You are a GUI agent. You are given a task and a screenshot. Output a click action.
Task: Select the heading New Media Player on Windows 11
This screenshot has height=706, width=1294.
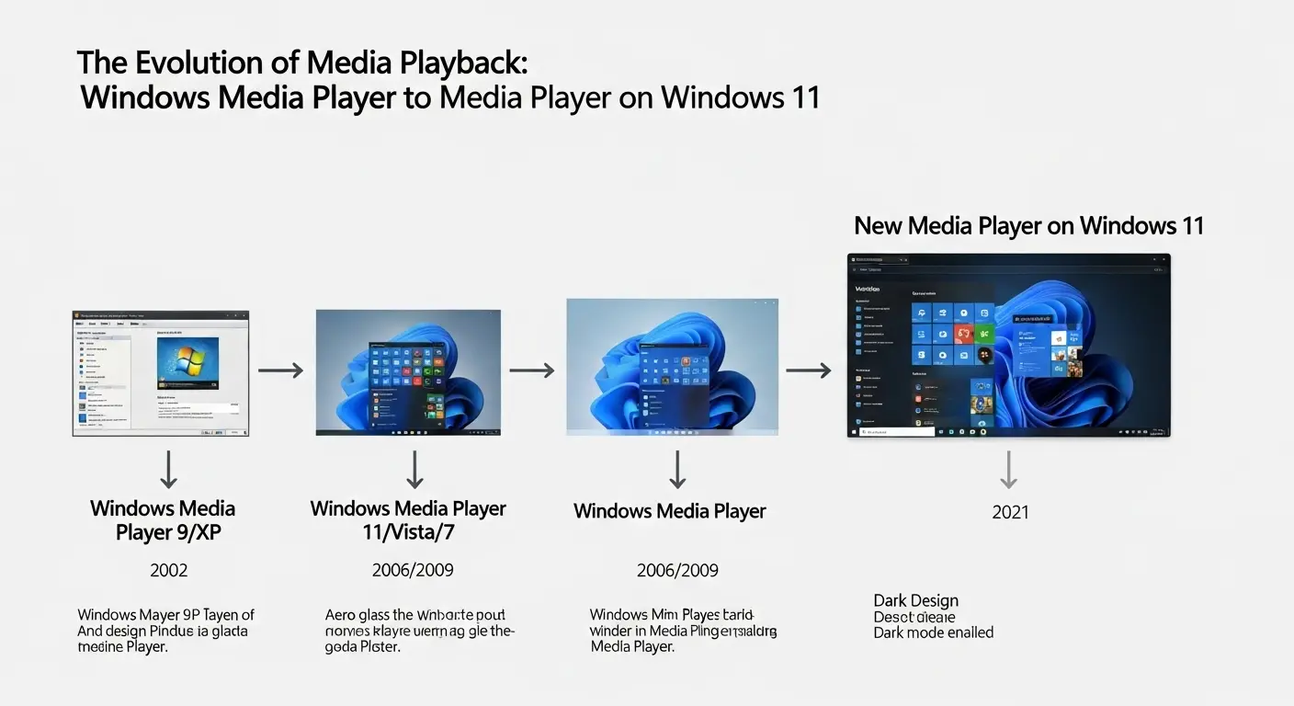1028,225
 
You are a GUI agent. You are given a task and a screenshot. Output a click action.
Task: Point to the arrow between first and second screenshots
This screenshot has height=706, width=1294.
280,370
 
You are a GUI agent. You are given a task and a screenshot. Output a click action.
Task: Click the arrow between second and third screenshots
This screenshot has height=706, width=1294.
532,370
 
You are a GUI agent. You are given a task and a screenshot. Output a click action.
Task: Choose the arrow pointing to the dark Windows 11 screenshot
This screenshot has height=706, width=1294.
809,370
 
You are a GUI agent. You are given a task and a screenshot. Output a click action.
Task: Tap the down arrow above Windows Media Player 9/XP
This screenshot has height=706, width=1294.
168,470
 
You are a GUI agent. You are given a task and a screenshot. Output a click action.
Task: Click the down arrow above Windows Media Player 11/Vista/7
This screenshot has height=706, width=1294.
414,470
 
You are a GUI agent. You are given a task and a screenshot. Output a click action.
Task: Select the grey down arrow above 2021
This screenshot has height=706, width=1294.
1009,470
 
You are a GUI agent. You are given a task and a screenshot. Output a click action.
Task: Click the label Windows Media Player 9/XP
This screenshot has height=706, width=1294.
163,520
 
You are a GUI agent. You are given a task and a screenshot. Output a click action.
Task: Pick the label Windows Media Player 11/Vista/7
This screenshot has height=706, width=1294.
408,520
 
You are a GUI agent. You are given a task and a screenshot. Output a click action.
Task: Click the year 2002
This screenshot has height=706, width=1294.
168,571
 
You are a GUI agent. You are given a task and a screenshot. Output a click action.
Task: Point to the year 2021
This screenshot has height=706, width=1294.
1010,513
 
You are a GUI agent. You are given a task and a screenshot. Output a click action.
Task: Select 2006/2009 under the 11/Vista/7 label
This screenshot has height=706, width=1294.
413,571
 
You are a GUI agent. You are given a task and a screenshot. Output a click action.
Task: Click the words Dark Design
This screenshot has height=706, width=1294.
915,601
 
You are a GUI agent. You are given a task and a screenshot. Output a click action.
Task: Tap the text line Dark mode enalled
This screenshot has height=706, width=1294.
933,632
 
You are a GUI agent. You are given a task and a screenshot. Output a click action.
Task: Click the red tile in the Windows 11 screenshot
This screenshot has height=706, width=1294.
964,334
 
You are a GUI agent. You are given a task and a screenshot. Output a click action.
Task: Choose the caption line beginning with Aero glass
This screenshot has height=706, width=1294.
415,615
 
